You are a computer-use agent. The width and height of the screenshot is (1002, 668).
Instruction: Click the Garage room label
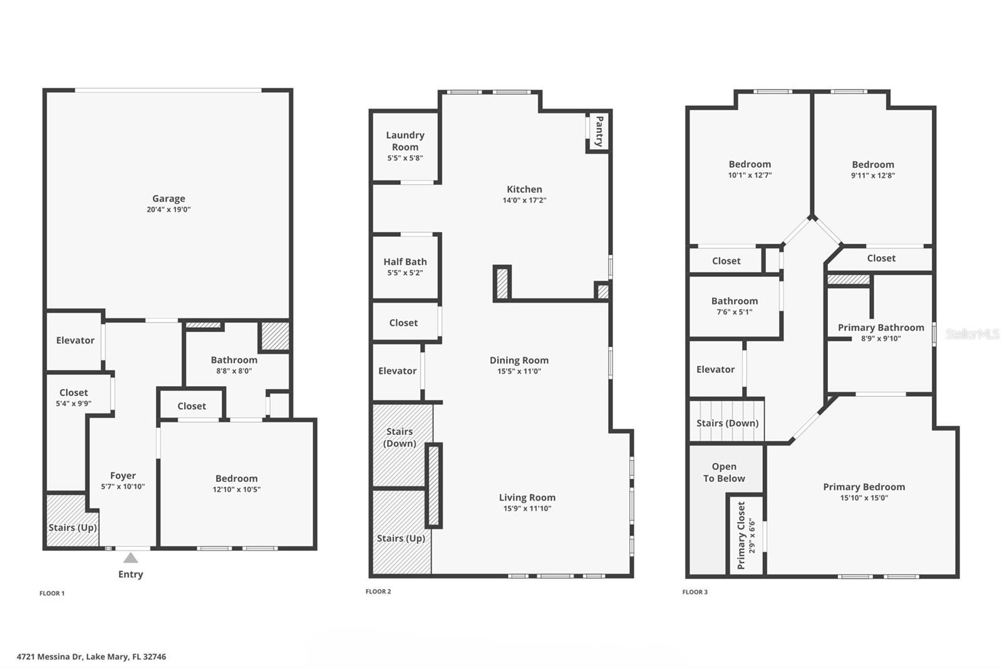pyautogui.click(x=168, y=199)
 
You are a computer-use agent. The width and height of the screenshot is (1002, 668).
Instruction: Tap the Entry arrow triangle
pyautogui.click(x=130, y=558)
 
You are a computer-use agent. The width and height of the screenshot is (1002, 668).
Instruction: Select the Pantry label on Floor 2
pyautogui.click(x=599, y=131)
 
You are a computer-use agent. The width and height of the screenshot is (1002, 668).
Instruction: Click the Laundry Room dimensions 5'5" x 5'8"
pyautogui.click(x=405, y=158)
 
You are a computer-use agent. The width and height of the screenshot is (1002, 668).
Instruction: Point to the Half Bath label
pyautogui.click(x=405, y=262)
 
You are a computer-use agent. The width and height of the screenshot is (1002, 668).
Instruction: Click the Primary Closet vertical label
pyautogui.click(x=741, y=535)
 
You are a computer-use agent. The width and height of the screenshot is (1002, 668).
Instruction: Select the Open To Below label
pyautogui.click(x=724, y=472)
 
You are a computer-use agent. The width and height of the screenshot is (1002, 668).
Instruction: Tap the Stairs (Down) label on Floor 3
pyautogui.click(x=727, y=423)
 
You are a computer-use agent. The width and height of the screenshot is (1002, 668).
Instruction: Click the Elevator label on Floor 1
pyautogui.click(x=75, y=340)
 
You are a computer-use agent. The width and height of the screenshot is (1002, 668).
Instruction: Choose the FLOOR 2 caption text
pyautogui.click(x=378, y=592)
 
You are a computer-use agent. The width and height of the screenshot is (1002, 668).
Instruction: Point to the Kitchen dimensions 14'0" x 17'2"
pyautogui.click(x=524, y=201)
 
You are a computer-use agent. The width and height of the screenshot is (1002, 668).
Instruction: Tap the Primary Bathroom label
pyautogui.click(x=881, y=328)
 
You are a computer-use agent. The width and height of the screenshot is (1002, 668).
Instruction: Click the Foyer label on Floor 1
pyautogui.click(x=123, y=476)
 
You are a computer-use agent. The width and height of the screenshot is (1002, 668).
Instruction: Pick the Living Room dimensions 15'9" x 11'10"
pyautogui.click(x=527, y=509)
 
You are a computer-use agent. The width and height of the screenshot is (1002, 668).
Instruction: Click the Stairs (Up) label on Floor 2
pyautogui.click(x=401, y=538)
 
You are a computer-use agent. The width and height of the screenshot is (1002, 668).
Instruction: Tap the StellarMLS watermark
pyautogui.click(x=972, y=334)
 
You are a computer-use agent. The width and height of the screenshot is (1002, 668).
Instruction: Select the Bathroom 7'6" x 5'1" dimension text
pyautogui.click(x=734, y=312)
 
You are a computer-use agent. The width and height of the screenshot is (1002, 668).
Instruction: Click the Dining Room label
pyautogui.click(x=519, y=360)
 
